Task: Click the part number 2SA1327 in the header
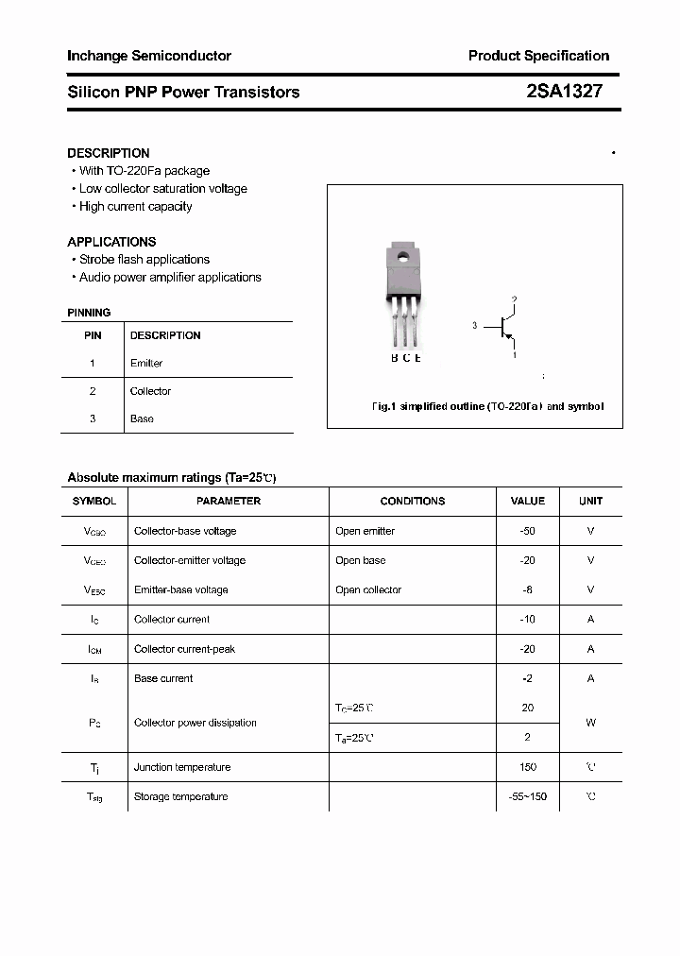pos(565,92)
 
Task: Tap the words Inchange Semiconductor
pos(149,56)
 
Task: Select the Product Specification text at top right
pos(538,56)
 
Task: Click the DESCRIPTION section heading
pos(108,153)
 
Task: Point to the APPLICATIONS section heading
pos(111,242)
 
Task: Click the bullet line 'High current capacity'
pos(135,207)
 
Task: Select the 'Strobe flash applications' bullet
pos(144,260)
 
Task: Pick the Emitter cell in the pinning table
pos(146,363)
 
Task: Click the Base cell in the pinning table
pos(142,418)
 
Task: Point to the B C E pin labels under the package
pos(406,358)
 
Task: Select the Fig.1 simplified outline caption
pos(486,406)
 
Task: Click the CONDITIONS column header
pos(413,501)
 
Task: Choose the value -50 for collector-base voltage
pos(527,531)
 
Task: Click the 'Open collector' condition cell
pos(368,590)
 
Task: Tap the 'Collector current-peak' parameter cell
pos(184,649)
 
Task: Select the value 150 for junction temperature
pos(527,767)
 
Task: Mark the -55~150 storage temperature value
pos(527,796)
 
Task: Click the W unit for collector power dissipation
pos(590,723)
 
